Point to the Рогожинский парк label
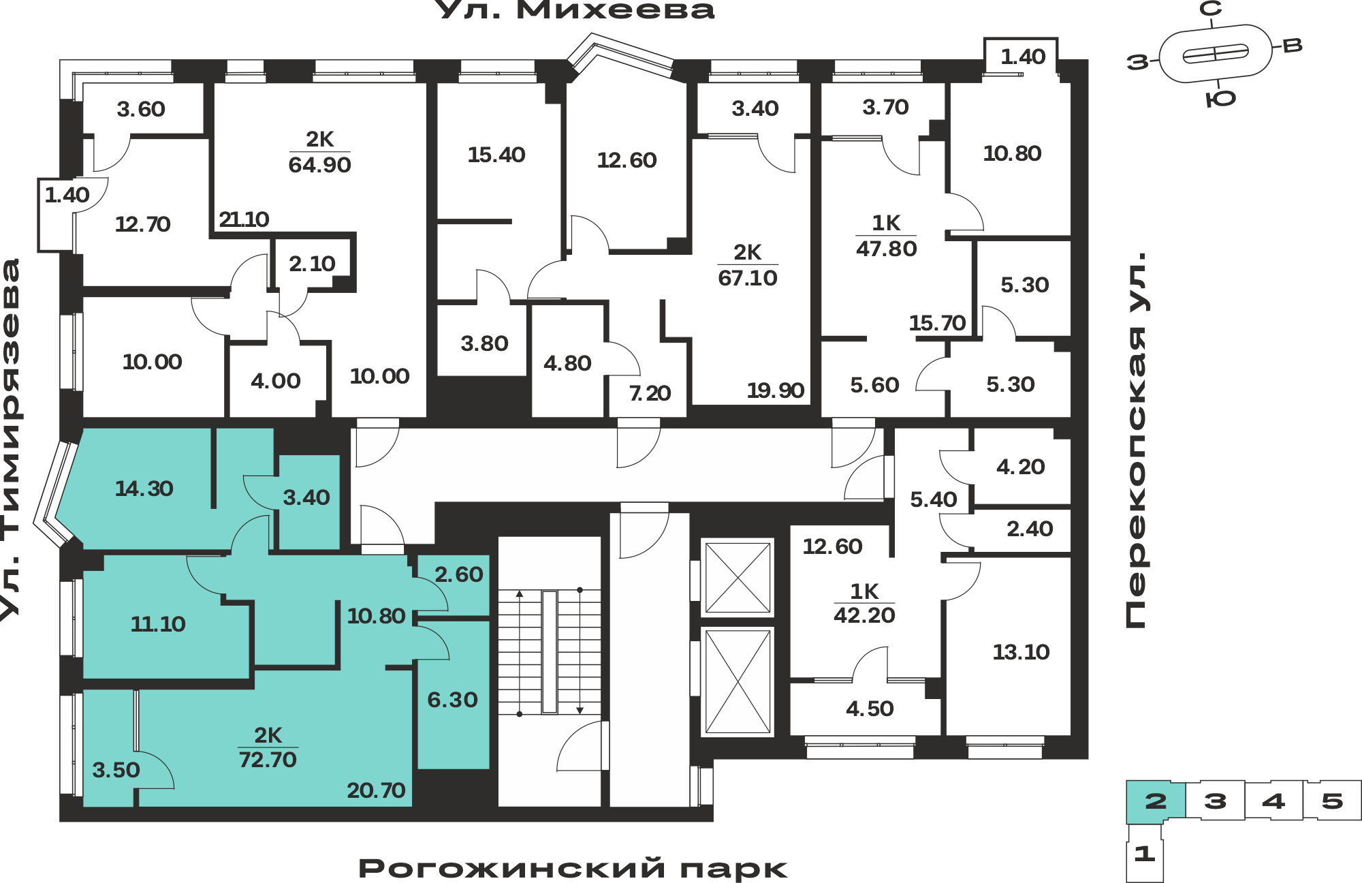coord(573,869)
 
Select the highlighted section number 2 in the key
coord(1156,801)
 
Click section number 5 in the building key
coord(1332,801)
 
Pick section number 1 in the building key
coord(1145,853)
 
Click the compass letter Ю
coord(1220,99)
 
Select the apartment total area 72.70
coord(268,760)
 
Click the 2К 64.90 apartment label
coord(319,152)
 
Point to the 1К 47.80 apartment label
coord(886,236)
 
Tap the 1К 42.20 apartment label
coord(864,603)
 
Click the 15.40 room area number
coord(496,155)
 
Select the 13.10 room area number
coord(1021,652)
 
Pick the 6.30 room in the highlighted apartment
coord(453,700)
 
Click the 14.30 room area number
coord(144,489)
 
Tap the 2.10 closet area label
coord(312,264)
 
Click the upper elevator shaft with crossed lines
coord(738,578)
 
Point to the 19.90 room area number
coord(776,390)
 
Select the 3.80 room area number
coord(484,343)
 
